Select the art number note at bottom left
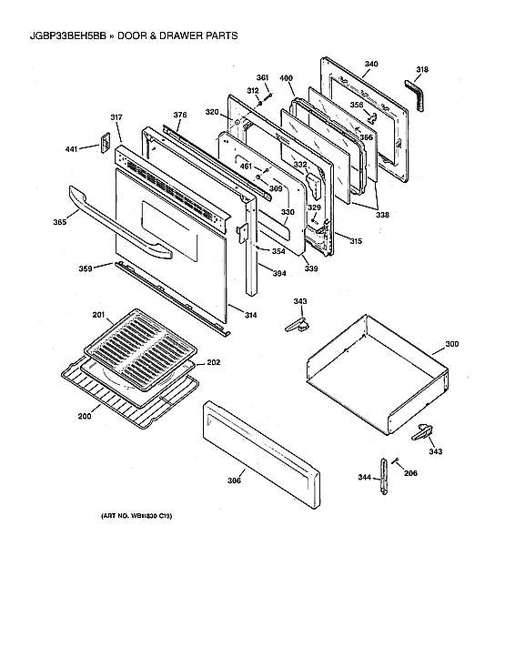tap(136, 517)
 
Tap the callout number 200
tap(84, 416)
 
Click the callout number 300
tap(451, 346)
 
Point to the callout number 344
tap(364, 477)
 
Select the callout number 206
tap(410, 473)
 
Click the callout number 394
tap(279, 271)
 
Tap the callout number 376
tap(180, 115)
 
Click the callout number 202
tap(213, 363)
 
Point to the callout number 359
tap(84, 268)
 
